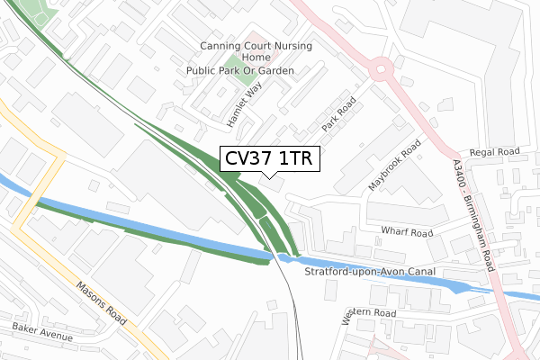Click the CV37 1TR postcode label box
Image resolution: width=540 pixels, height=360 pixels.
tap(268, 159)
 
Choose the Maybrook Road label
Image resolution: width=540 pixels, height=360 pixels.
tap(394, 165)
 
